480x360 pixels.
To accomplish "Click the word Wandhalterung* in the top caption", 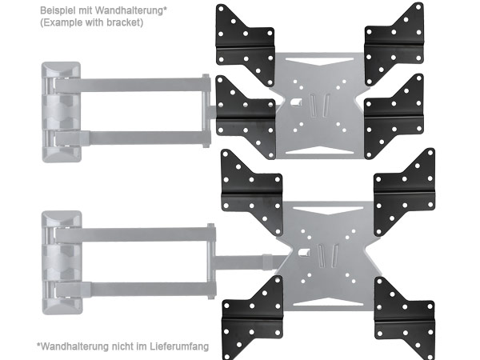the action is (131, 10).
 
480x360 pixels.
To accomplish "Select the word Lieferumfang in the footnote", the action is (179, 346).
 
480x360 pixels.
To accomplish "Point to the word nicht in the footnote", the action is (122, 346).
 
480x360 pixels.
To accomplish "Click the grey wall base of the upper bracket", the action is (62, 112).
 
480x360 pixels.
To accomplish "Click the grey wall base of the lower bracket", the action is (62, 262).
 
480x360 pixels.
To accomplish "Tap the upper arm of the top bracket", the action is (132, 85).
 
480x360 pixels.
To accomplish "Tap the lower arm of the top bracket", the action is (132, 138).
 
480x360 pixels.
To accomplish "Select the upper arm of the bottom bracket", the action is (134, 235).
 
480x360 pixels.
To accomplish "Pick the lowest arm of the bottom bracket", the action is (134, 290).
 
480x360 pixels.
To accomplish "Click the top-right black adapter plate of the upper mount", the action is (394, 43).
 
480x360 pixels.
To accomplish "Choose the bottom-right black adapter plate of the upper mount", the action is (394, 116).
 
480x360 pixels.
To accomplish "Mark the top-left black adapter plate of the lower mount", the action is (252, 191).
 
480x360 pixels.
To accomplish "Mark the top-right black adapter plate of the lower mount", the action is (405, 191).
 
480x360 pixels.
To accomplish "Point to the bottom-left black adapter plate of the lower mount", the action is (252, 318).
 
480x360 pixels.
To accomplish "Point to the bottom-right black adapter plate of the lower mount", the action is (405, 318).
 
